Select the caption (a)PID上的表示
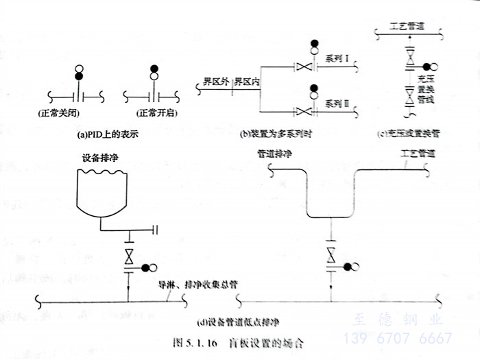(x=109, y=135)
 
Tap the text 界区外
(x=215, y=82)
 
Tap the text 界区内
(x=246, y=82)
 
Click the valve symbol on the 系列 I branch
(x=302, y=67)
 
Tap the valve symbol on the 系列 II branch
(x=302, y=110)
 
